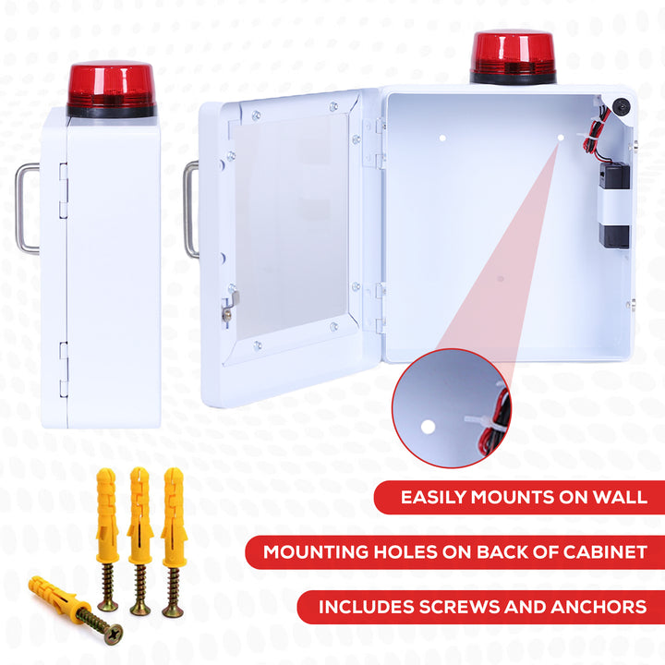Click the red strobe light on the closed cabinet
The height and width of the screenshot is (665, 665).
tap(110, 88)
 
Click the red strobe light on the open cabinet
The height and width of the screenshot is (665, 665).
tap(513, 55)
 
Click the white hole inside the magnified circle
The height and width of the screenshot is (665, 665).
tap(427, 428)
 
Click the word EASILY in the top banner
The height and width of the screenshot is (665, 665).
tap(433, 497)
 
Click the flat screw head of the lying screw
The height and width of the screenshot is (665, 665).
tap(113, 635)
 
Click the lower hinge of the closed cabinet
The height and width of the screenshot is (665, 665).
tap(63, 369)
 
